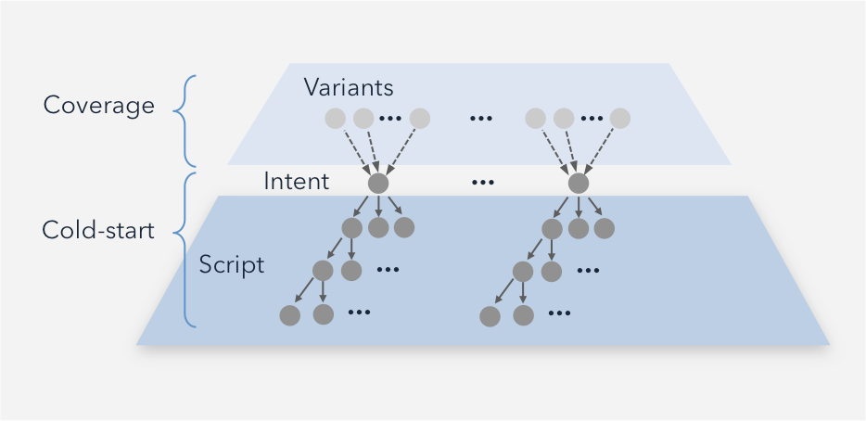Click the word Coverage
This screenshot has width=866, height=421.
(98, 106)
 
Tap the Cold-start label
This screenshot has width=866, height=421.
(98, 230)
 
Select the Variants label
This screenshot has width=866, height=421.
(349, 88)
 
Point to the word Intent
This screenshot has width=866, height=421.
(296, 182)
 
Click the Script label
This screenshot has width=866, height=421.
(232, 265)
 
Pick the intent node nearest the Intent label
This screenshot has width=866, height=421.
(377, 184)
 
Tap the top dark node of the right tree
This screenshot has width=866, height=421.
(579, 184)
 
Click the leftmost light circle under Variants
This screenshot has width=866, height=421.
(336, 119)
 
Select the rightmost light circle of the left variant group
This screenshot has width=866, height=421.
(420, 119)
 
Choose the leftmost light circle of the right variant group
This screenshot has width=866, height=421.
(536, 119)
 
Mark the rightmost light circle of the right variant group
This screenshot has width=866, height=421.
(620, 119)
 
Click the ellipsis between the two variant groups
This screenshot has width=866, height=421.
(480, 119)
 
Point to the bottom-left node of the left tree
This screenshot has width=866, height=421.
(289, 315)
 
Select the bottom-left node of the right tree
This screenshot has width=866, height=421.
(490, 315)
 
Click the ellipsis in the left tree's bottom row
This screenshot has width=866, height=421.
(359, 313)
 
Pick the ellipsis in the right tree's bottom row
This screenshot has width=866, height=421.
(559, 313)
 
